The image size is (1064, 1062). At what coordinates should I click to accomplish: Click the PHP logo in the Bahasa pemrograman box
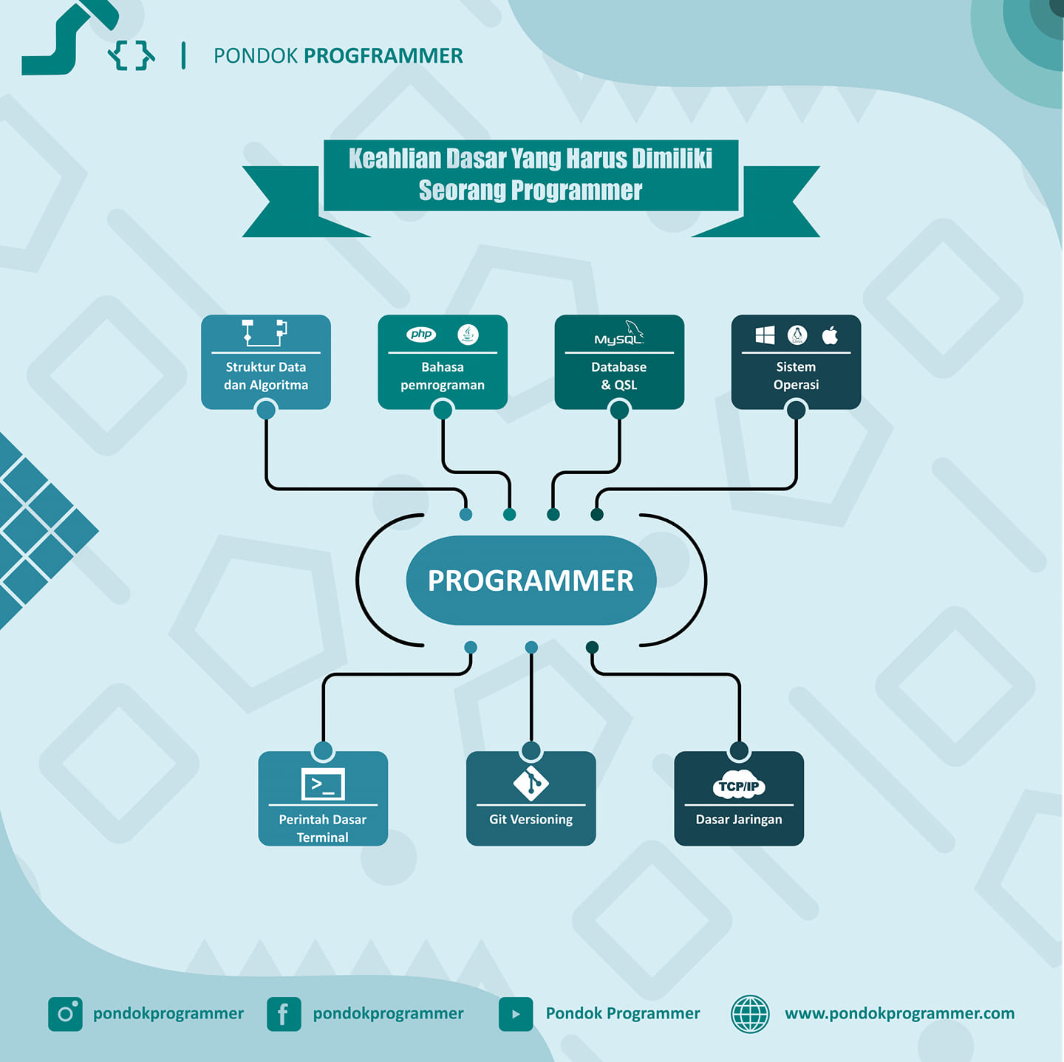tap(420, 334)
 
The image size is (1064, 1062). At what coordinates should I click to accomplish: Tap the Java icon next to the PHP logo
tap(468, 334)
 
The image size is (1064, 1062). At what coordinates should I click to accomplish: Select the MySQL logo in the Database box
tap(619, 333)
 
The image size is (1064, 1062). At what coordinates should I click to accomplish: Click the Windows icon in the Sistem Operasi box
tap(765, 335)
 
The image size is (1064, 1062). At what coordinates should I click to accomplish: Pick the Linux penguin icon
tap(797, 335)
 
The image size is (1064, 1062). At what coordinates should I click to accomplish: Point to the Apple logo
tap(830, 335)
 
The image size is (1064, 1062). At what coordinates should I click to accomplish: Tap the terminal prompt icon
tap(323, 784)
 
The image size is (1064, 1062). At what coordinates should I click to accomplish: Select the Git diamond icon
tap(531, 783)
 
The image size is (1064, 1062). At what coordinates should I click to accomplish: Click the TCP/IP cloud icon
tap(739, 785)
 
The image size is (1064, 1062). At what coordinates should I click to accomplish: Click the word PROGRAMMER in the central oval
tap(531, 580)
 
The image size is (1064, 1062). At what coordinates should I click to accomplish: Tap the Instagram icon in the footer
tap(65, 1014)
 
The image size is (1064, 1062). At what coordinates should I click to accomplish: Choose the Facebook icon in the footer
tap(284, 1014)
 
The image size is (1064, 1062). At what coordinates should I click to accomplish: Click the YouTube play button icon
tap(516, 1014)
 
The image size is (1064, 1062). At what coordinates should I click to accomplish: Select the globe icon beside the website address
tap(750, 1014)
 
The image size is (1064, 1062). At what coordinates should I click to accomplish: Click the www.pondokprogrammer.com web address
tap(899, 1014)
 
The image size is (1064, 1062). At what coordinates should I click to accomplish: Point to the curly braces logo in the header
tap(132, 55)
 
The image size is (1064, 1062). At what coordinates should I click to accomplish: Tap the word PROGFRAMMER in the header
tap(383, 55)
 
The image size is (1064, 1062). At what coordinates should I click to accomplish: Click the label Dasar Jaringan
tap(739, 819)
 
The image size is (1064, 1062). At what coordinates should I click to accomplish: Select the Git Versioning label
tap(531, 820)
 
